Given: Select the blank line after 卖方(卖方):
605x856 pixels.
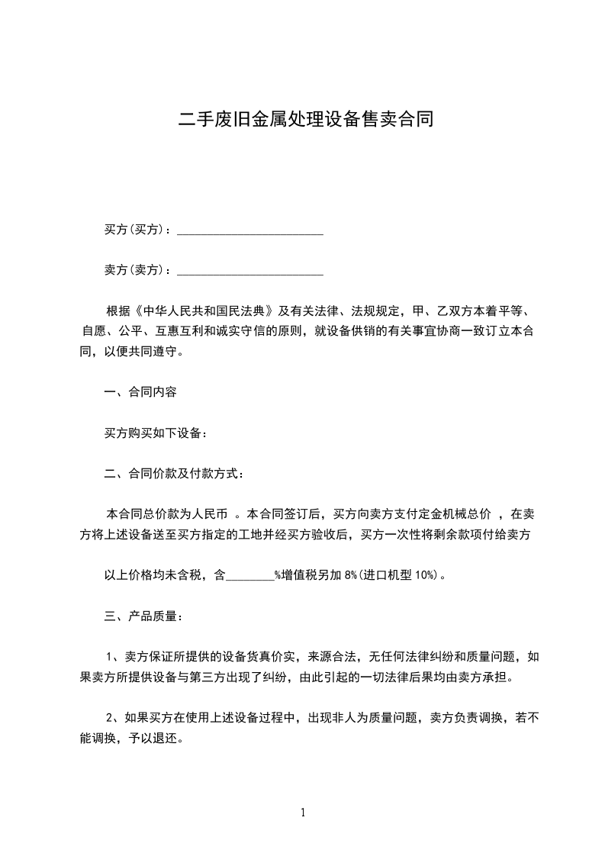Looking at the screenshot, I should click(250, 270).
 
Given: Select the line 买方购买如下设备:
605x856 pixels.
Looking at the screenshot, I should click(156, 433).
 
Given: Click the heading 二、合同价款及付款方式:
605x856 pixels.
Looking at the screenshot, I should click(174, 475).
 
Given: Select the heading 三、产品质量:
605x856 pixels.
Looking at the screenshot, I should click(143, 616).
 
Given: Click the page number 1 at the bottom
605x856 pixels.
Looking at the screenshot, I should click(303, 813).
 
